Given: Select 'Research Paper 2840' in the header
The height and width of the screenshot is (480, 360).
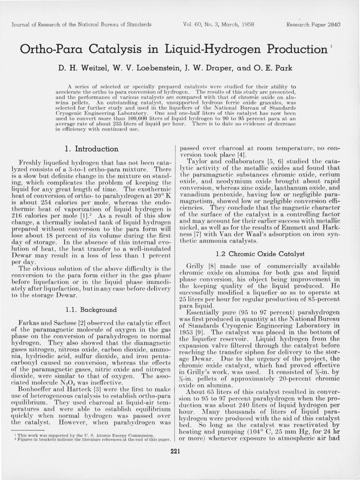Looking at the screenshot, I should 313,24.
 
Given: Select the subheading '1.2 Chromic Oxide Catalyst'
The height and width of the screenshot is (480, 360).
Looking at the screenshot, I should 260,254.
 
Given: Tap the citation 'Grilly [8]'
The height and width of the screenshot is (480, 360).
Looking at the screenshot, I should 201,266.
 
